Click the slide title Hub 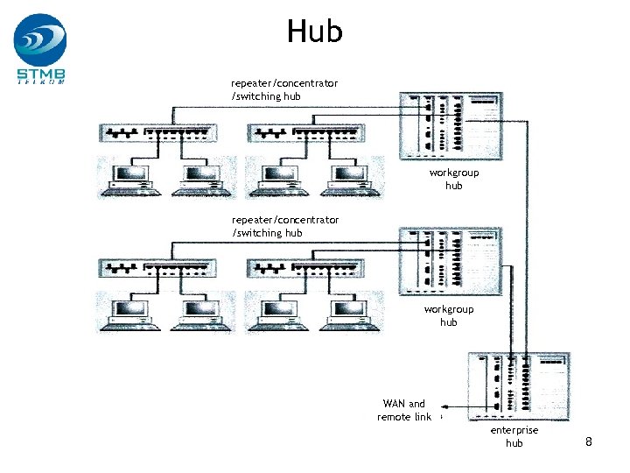[x=314, y=32]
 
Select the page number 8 [x=589, y=441]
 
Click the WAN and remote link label [x=404, y=410]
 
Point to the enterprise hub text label [x=514, y=436]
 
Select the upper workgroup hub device [x=450, y=126]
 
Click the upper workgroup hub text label [x=454, y=179]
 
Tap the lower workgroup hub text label [x=449, y=315]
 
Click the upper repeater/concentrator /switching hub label [x=284, y=89]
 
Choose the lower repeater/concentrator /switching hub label [x=284, y=226]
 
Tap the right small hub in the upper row [x=305, y=132]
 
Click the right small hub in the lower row [x=305, y=269]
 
